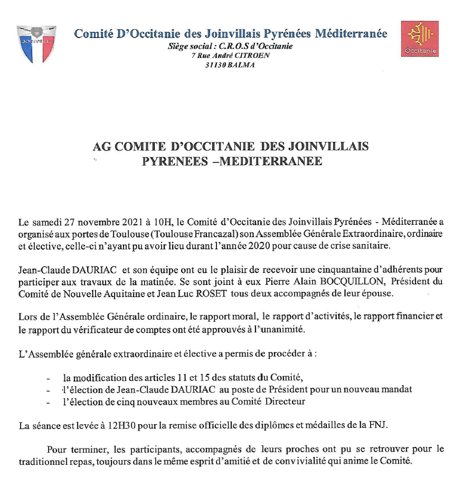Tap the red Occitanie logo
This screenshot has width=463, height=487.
(x=420, y=39)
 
